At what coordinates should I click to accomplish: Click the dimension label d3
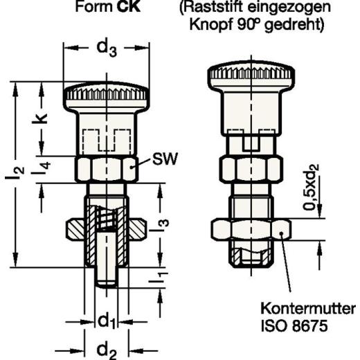tap(107, 49)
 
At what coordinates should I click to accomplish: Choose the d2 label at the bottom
tap(107, 348)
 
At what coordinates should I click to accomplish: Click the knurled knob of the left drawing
tap(105, 93)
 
